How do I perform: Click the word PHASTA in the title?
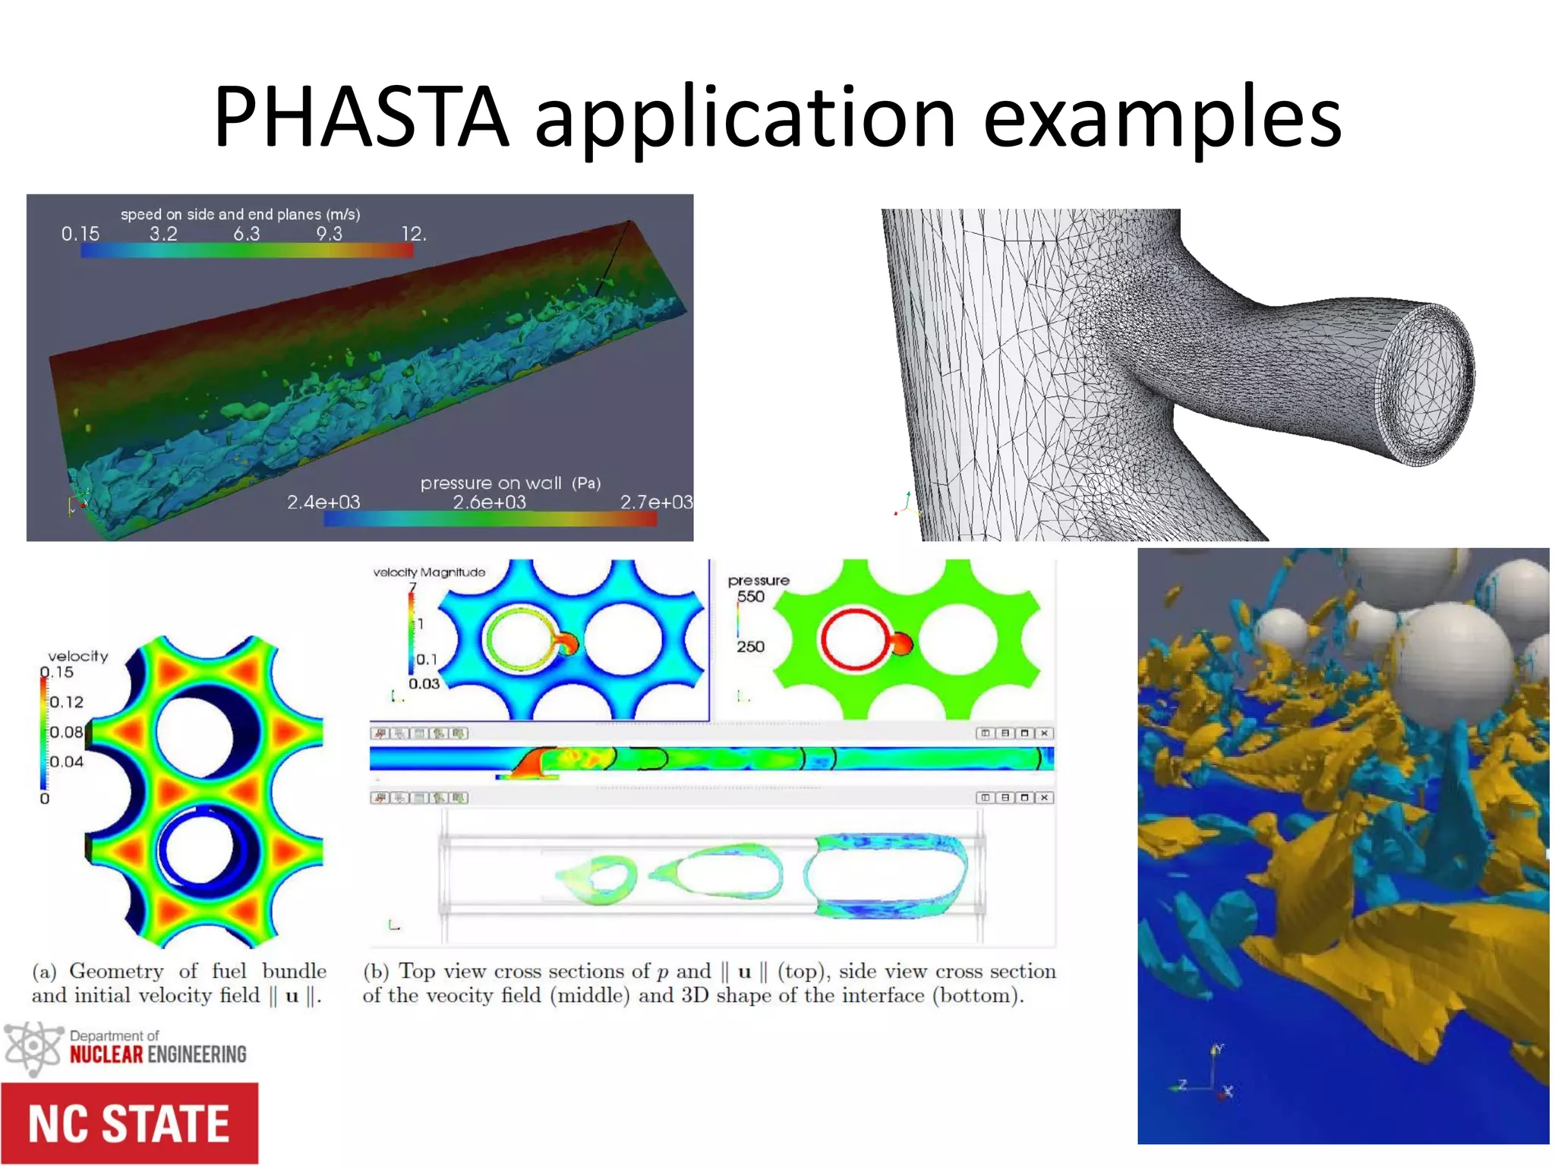tap(361, 118)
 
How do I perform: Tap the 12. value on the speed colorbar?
tap(414, 234)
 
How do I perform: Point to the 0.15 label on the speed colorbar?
tap(80, 234)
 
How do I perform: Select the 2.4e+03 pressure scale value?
tap(323, 503)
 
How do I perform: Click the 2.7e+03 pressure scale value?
tap(656, 503)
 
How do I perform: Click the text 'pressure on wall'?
tap(491, 484)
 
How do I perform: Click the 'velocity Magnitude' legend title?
tap(429, 572)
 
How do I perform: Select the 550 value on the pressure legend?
tap(751, 597)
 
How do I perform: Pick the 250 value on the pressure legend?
tap(750, 647)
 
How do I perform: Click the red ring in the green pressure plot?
tap(853, 639)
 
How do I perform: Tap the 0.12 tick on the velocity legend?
tap(67, 702)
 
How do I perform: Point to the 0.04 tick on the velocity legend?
tap(67, 761)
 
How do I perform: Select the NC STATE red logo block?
tap(129, 1123)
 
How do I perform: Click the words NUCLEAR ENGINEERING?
tap(158, 1054)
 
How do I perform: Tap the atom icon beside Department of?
tap(32, 1048)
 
